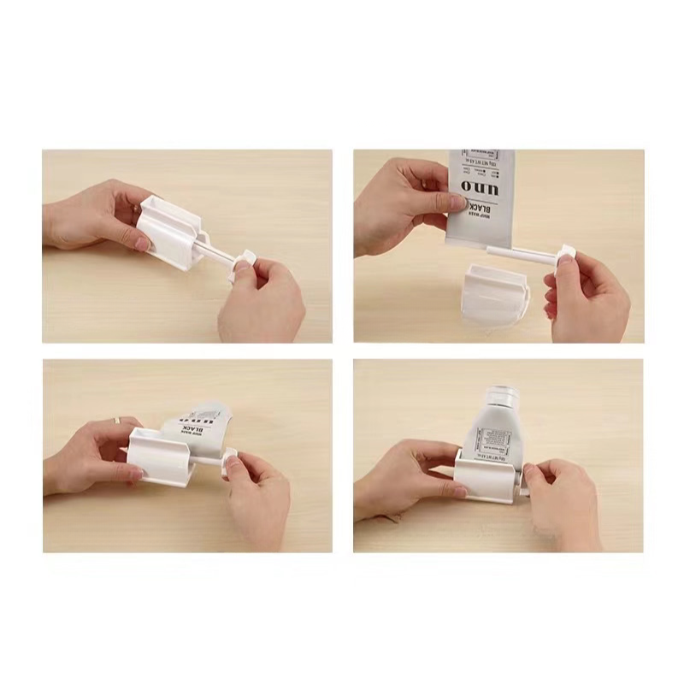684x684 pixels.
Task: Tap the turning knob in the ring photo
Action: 228,463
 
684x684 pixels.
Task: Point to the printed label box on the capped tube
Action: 493,442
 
